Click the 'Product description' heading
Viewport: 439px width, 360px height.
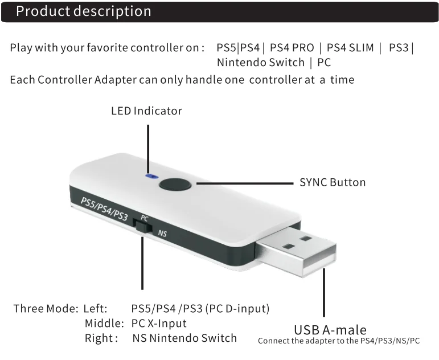tap(84, 11)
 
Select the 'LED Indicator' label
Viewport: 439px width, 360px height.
tap(146, 111)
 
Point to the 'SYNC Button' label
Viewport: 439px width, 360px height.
tap(333, 183)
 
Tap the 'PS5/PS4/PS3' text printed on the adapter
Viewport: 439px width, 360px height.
tap(104, 208)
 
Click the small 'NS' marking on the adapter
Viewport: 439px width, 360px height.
tap(162, 232)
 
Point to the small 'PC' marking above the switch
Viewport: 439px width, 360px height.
tap(145, 218)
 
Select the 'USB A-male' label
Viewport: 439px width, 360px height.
tap(330, 330)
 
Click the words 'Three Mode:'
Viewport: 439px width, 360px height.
tap(44, 309)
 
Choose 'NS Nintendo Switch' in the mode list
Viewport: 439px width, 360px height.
tap(184, 338)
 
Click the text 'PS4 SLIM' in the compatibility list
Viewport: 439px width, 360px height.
tap(350, 48)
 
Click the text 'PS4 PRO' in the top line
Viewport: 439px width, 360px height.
tap(292, 48)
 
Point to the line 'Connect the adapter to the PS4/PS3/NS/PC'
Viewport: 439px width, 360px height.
tap(339, 341)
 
